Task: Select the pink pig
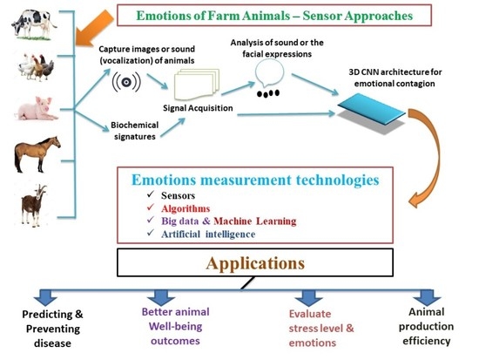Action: (x=35, y=109)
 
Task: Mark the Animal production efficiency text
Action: (x=427, y=327)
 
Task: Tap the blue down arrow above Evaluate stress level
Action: (x=306, y=297)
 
